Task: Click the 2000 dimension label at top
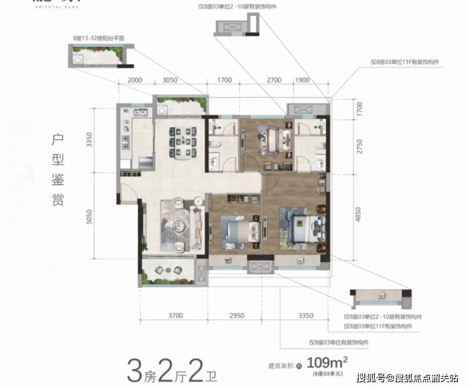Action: tap(136, 80)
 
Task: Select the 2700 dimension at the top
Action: tap(274, 80)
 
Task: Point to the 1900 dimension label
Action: tap(302, 80)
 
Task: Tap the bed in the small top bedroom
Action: tap(272, 138)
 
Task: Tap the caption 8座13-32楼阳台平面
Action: tap(99, 38)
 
